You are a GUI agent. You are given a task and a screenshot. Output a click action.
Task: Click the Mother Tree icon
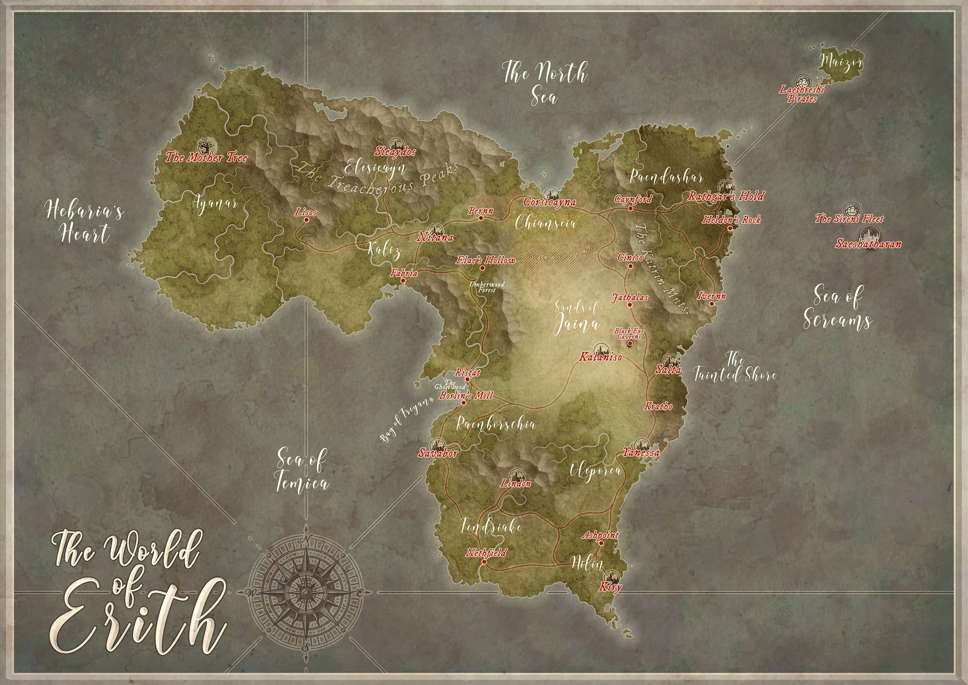pos(208,146)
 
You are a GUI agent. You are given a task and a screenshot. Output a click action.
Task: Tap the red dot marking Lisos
pos(307,220)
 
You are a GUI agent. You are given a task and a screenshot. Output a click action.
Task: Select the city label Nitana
pos(435,237)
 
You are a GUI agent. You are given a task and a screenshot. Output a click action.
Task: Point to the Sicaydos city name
pos(395,152)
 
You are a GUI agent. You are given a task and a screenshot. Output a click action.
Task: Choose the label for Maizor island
pos(841,63)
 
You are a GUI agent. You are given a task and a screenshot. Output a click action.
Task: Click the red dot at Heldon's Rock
pos(730,228)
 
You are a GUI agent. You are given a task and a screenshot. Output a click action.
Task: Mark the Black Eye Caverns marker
pos(630,344)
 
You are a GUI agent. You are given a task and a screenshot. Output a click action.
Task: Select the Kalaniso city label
pos(601,357)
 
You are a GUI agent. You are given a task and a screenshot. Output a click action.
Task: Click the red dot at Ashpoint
pos(601,543)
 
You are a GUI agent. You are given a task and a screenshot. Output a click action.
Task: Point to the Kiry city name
pos(610,587)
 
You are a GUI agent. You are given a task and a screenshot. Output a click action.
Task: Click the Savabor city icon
pos(436,444)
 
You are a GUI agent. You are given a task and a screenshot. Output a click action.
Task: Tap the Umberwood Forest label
pos(487,287)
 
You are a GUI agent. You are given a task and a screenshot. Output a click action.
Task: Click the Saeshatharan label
pos(868,244)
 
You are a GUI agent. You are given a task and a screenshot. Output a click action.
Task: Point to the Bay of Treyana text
pos(407,419)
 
